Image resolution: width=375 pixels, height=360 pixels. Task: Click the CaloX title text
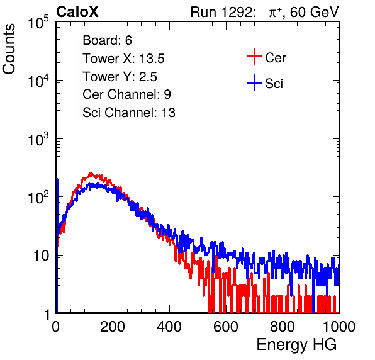77,12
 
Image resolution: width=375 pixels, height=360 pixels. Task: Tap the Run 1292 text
221,12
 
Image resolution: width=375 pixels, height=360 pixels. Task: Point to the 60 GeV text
315,12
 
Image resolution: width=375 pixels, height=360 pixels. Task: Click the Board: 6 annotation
107,40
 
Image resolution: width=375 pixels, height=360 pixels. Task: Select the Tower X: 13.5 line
123,59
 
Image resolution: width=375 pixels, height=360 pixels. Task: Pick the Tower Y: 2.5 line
120,77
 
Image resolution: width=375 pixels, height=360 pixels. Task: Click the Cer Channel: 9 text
126,94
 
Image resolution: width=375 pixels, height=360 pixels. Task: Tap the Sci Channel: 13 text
129,113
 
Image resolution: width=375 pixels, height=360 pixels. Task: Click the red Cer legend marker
254,57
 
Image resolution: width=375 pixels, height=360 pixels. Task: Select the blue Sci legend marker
254,82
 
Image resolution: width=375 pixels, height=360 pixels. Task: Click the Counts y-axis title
9,49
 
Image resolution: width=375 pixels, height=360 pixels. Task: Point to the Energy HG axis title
296,345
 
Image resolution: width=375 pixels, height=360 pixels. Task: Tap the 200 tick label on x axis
113,327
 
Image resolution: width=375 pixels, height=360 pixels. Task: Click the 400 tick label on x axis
169,327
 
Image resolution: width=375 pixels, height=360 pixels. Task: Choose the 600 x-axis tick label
226,327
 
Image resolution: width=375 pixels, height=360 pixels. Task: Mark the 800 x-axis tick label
283,327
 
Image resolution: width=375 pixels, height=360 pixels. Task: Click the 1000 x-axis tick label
339,327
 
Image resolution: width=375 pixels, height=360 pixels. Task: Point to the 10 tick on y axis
41,256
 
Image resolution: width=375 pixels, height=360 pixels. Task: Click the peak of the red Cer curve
91,172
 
